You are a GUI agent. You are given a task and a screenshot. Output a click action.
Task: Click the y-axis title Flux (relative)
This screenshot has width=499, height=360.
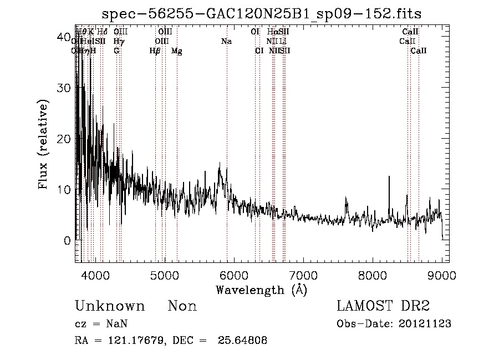[x=44, y=144]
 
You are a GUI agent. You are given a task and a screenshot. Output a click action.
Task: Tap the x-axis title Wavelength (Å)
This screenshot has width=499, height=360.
[x=261, y=290]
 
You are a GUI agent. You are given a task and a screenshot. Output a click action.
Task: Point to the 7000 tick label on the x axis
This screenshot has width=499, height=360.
[x=303, y=276]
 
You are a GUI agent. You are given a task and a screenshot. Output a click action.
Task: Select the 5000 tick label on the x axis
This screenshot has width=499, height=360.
[x=165, y=276]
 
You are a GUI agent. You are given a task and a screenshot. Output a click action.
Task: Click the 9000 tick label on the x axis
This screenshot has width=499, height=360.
[x=442, y=276]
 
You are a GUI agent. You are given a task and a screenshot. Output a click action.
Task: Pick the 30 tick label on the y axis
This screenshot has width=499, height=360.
[x=64, y=88]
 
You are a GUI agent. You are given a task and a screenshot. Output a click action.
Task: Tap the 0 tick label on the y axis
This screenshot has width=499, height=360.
[x=68, y=241]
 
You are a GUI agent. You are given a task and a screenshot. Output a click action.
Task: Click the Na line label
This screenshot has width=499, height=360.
[x=226, y=42]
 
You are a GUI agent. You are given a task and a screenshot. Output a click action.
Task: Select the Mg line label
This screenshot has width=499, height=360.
[x=176, y=51]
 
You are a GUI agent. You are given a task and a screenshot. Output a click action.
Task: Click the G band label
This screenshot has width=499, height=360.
[x=116, y=51]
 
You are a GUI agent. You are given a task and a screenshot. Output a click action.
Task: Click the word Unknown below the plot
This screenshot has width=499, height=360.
[x=110, y=307]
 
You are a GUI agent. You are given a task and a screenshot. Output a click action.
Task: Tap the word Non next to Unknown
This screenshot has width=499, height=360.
[x=182, y=307]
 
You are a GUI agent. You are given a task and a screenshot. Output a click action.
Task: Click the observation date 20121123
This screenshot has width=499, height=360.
[x=425, y=324]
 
